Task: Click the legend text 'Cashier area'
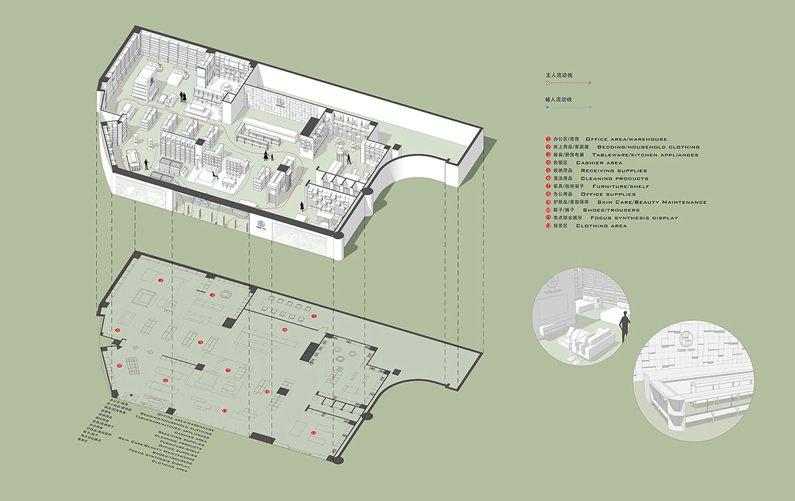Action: (599, 163)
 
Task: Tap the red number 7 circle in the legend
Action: (548, 187)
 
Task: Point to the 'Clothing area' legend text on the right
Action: (601, 226)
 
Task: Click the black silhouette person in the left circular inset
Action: (623, 328)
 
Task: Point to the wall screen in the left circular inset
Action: (554, 311)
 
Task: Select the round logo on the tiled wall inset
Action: (686, 343)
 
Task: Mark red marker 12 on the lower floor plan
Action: (313, 432)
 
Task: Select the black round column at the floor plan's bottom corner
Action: (338, 459)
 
